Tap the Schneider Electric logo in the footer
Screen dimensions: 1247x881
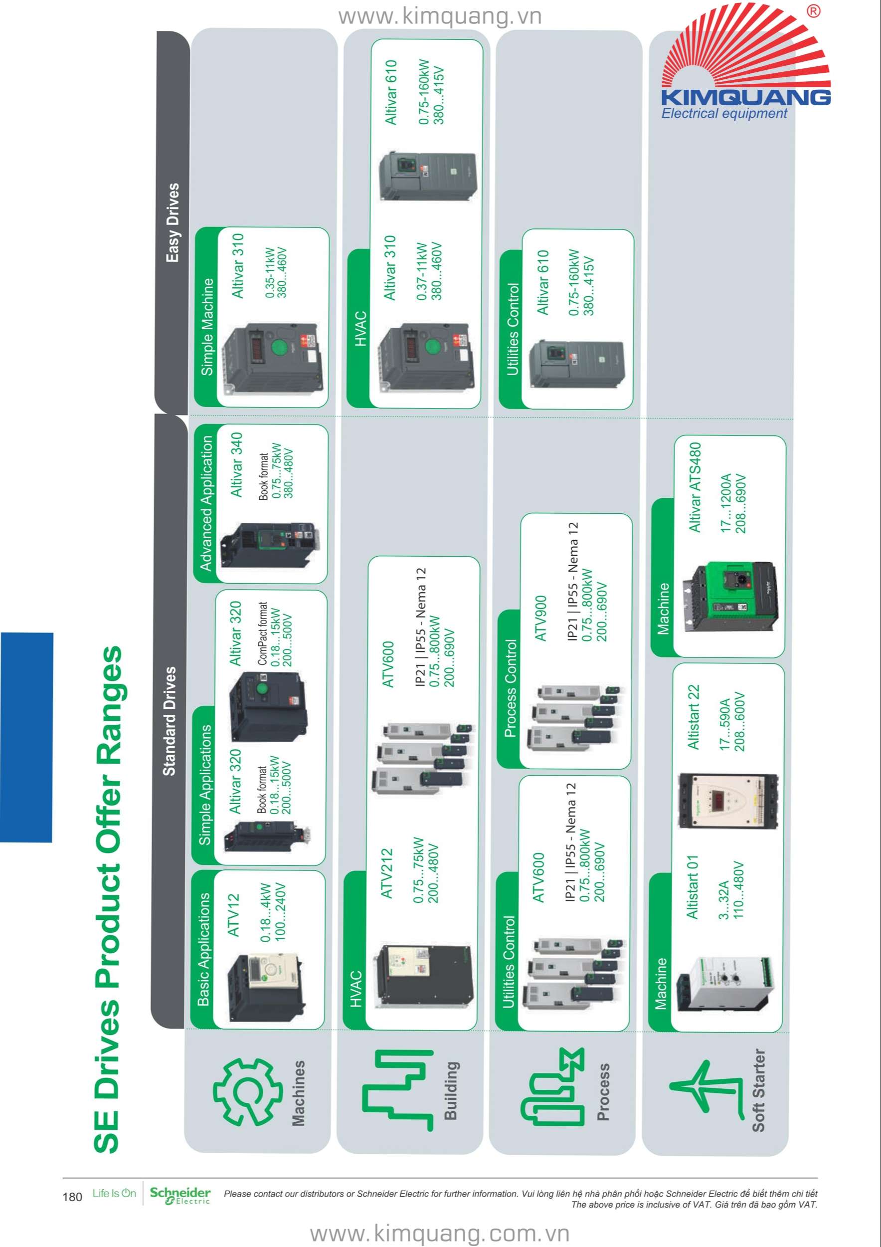(179, 1196)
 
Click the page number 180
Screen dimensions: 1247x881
(72, 1197)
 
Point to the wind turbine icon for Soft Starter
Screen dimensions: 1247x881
(705, 1089)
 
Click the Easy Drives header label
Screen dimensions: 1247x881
(173, 222)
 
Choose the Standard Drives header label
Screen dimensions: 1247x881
(170, 721)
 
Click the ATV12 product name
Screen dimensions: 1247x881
(233, 915)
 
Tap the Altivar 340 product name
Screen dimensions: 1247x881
(237, 464)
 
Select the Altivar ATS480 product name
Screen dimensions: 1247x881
(695, 487)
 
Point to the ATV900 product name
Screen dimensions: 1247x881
(540, 619)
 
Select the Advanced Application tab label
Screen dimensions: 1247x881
(206, 503)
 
